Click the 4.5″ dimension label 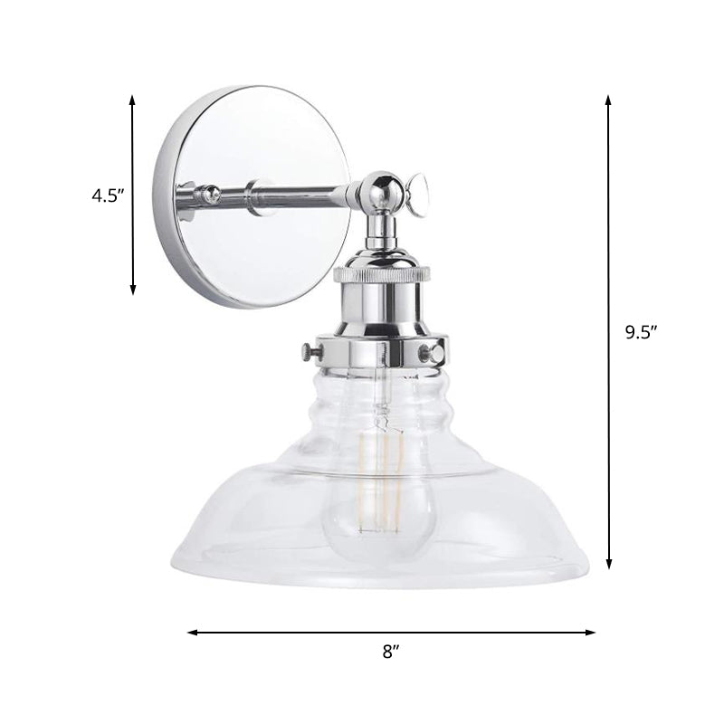point(106,195)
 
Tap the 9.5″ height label point(640,331)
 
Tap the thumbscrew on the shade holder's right point(439,348)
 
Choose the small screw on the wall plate point(210,191)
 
